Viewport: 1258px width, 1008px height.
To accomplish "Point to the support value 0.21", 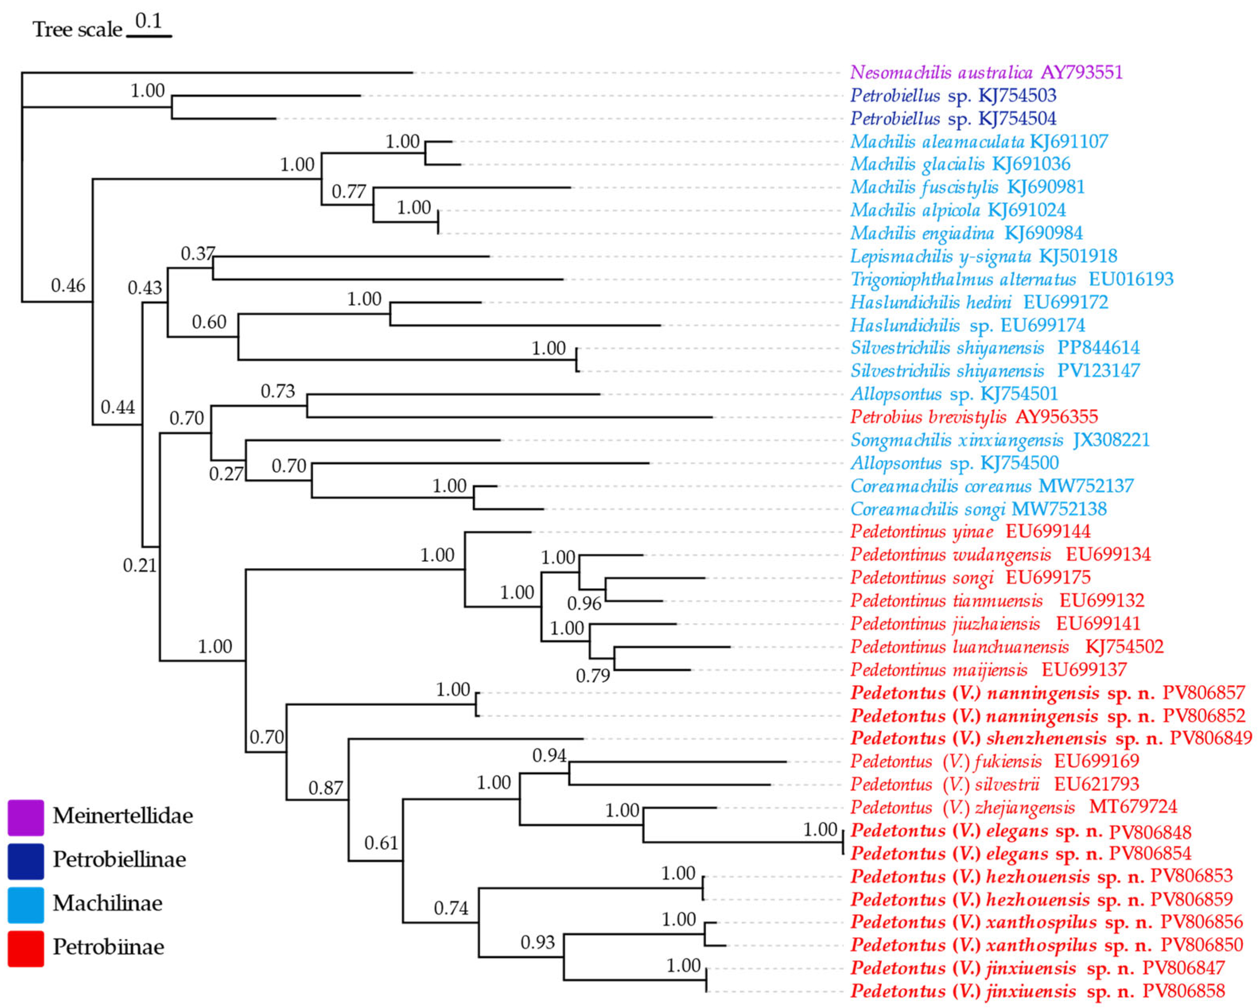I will point(140,565).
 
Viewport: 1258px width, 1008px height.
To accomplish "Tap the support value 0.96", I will point(584,604).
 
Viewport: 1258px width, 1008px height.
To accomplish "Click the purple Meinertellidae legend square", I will point(26,818).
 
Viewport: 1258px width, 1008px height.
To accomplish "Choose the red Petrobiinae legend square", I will point(26,948).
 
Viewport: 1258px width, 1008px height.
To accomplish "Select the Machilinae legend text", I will point(107,903).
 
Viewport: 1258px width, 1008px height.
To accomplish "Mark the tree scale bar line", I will point(149,37).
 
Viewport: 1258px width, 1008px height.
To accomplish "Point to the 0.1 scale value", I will point(148,21).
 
